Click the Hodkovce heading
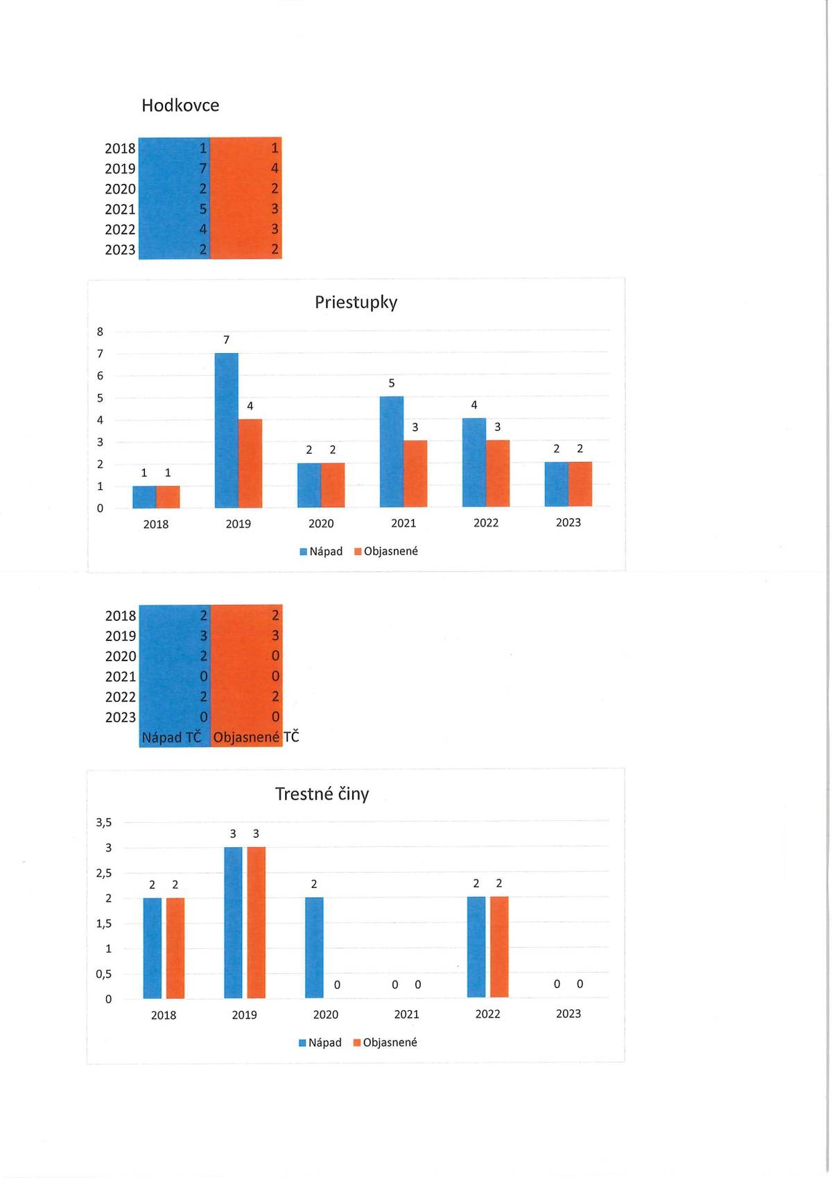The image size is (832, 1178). [180, 105]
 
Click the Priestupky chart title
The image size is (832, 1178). [356, 302]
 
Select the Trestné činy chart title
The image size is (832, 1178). [322, 794]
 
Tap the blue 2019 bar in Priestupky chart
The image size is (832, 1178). [226, 430]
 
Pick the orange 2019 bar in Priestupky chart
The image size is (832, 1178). [250, 463]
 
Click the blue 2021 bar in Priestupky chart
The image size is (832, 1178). [392, 452]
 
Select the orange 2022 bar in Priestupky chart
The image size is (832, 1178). [498, 473]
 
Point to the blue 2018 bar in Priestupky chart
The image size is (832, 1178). [144, 497]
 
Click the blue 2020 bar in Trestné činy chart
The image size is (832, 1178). [314, 948]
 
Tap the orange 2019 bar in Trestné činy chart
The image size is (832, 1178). [256, 922]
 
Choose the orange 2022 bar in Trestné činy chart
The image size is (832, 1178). [499, 947]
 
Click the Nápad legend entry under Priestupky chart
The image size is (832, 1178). [321, 552]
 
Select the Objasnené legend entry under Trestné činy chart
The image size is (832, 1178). [385, 1043]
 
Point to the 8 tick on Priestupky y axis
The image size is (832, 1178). [100, 332]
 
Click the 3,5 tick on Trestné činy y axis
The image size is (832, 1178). [104, 823]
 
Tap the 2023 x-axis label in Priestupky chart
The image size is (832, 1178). [569, 522]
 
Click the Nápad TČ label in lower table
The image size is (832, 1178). [172, 737]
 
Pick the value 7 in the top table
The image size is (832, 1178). [202, 169]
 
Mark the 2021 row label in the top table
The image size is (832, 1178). [120, 209]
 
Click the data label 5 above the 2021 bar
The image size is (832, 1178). [392, 383]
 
